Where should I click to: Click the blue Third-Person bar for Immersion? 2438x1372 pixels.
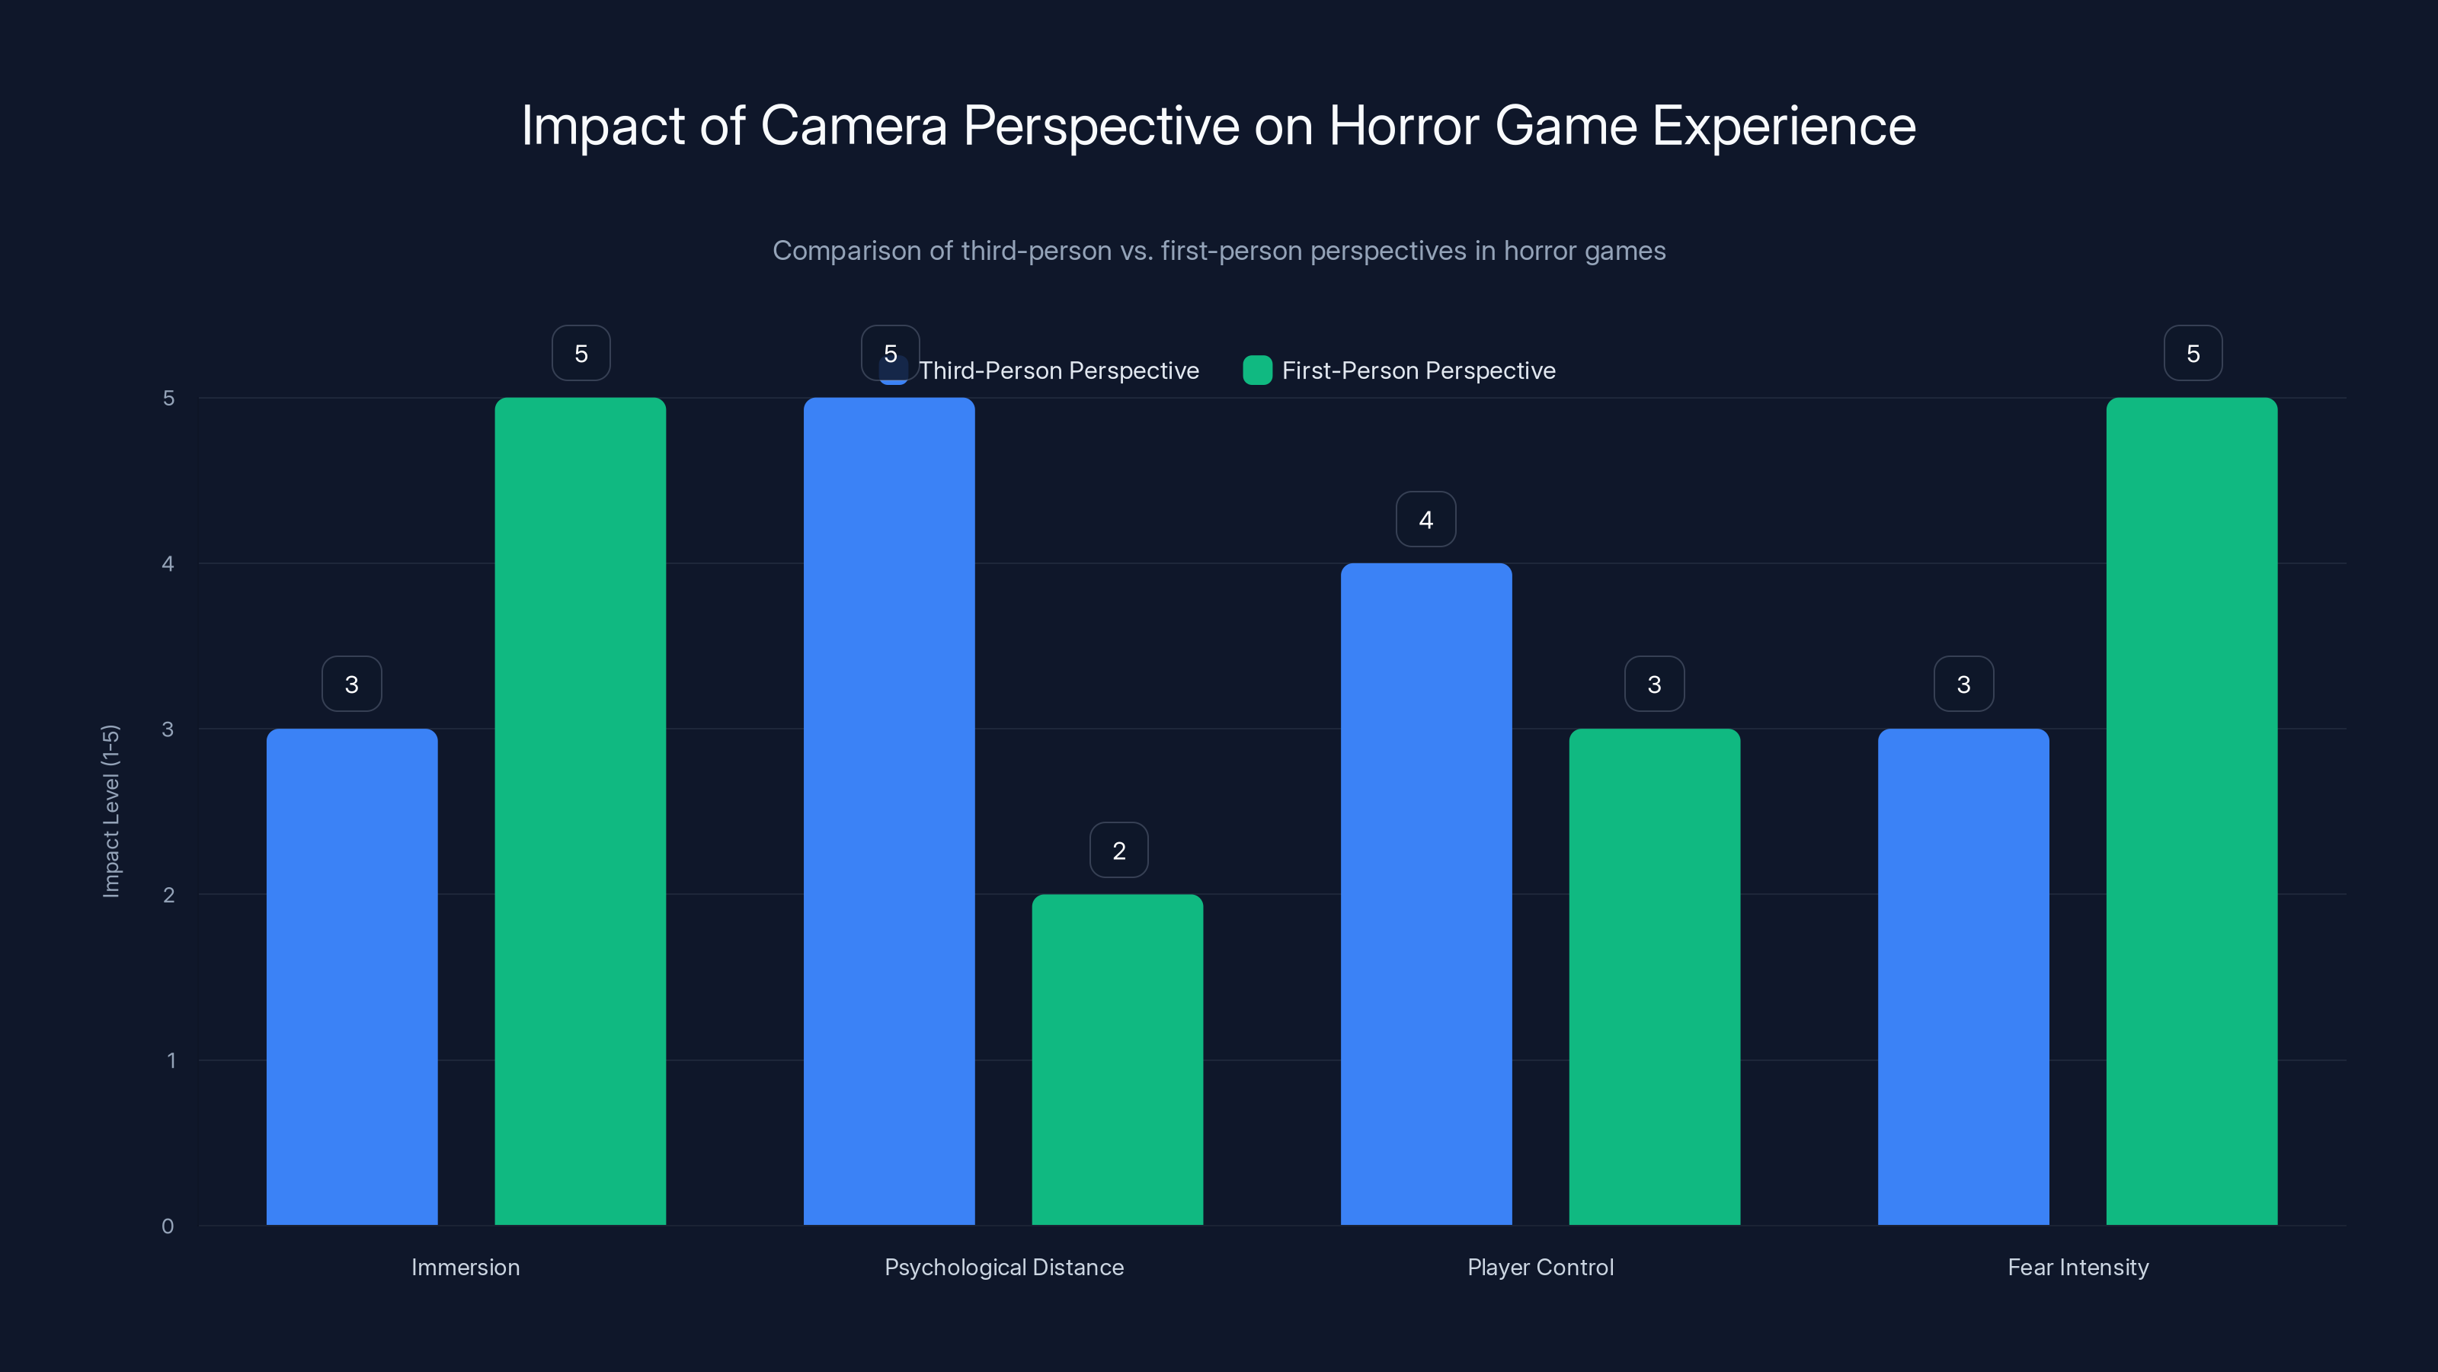351,976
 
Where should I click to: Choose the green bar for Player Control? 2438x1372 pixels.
1653,976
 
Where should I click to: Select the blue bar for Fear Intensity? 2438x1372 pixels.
1963,976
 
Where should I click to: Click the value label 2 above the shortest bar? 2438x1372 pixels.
1118,851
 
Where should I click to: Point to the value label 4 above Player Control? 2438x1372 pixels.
1425,519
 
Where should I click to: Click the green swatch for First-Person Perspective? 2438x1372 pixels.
1257,370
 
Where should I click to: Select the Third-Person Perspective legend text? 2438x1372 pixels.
1058,370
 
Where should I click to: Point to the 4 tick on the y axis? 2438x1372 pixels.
168,563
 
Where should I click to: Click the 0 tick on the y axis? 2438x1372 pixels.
168,1226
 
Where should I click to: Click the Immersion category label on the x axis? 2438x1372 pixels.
465,1267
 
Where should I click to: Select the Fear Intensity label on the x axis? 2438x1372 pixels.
2078,1267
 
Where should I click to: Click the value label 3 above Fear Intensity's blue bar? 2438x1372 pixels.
1963,684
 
